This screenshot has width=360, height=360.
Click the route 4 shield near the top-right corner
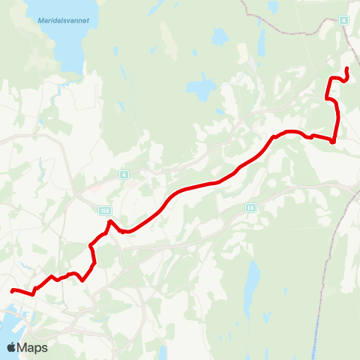(x=343, y=19)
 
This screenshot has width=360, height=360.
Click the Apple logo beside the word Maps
(x=12, y=347)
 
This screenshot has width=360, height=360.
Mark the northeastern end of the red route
(x=346, y=70)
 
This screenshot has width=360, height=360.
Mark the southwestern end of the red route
(x=13, y=290)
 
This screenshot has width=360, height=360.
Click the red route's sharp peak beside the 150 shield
(x=109, y=221)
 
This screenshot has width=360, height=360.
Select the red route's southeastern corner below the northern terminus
(x=331, y=140)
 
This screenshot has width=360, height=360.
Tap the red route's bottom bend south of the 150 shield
(x=83, y=280)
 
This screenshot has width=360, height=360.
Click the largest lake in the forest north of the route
(x=201, y=89)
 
